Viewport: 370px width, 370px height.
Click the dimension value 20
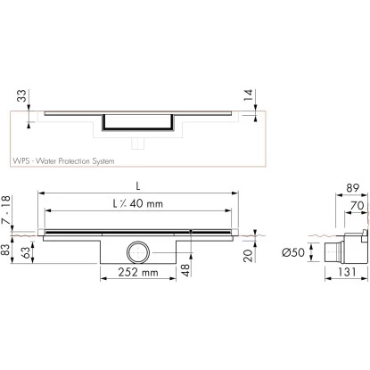click(x=247, y=256)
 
